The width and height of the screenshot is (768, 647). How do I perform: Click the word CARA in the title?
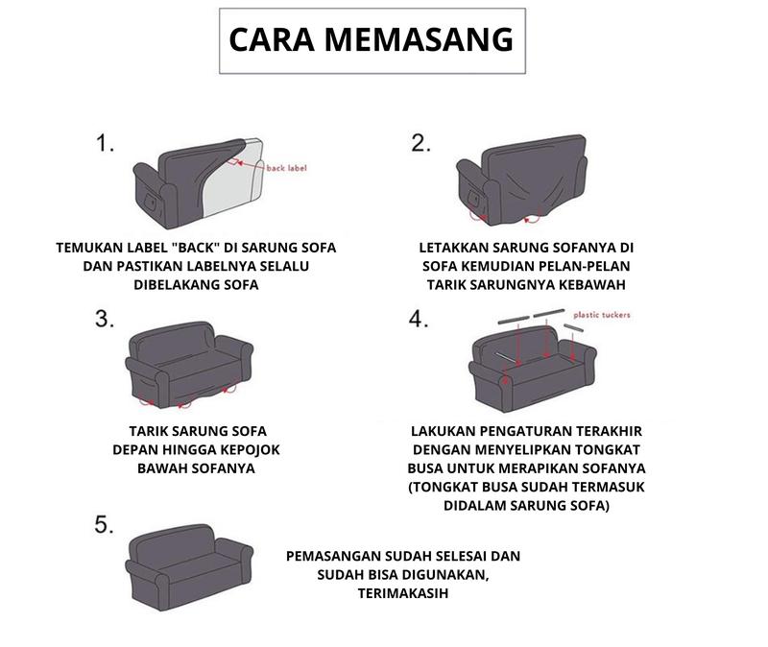coord(272,39)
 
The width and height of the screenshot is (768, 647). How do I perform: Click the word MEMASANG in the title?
coord(420,39)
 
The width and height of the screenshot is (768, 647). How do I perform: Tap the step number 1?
coord(105,143)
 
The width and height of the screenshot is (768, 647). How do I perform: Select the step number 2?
coord(420,143)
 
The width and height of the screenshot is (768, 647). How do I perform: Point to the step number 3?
coord(105,319)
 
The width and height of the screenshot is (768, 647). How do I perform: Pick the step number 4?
coord(419,319)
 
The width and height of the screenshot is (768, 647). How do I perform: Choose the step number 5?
coord(104,524)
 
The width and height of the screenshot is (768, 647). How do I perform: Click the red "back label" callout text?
coord(286,168)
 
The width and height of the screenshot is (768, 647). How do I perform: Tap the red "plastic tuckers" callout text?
coord(602,315)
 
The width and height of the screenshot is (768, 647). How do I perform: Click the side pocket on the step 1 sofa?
coord(151,202)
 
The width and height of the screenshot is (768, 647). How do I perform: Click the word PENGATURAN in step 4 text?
coord(525,432)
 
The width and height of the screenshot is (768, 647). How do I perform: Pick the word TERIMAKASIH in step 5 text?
coord(403,593)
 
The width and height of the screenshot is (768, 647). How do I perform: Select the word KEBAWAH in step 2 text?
coord(592,285)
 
